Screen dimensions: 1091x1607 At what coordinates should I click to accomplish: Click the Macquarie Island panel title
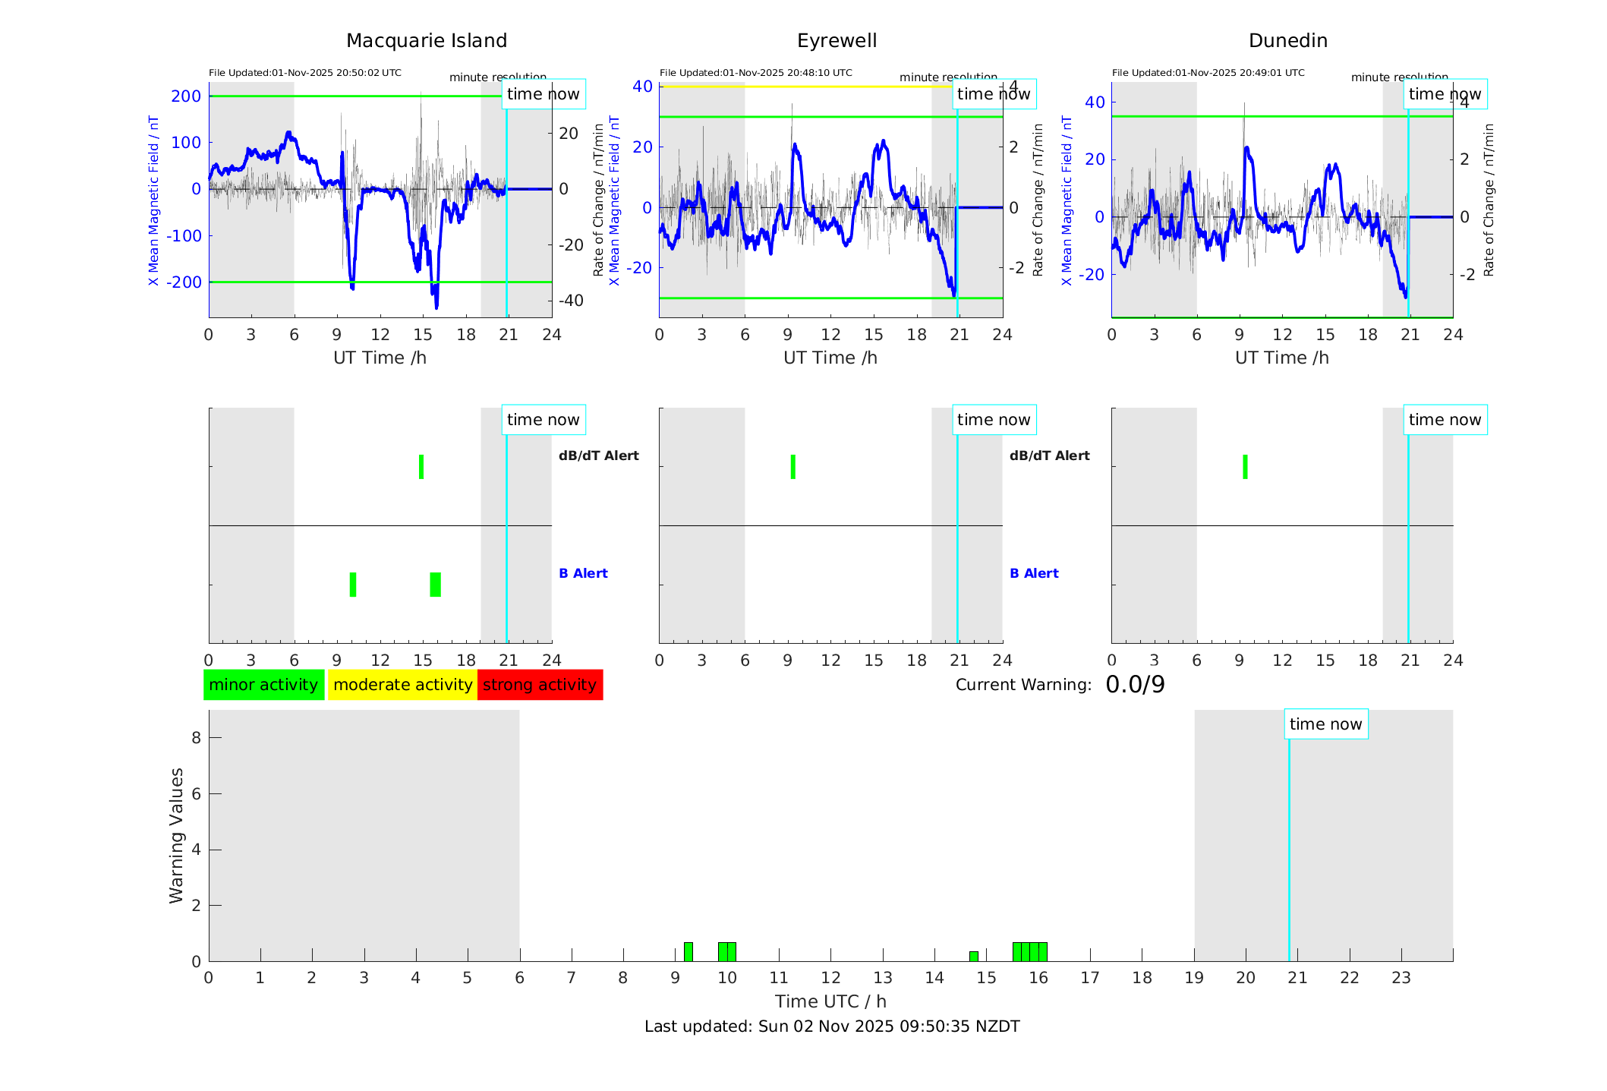426,41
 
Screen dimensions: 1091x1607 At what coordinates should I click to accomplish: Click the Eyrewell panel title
837,41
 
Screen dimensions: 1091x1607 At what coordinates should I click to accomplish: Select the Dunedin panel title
1287,41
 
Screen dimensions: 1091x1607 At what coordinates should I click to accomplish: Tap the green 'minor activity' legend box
263,685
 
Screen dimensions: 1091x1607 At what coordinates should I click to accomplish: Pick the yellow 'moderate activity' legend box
402,685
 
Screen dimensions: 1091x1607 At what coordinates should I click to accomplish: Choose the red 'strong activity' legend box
540,685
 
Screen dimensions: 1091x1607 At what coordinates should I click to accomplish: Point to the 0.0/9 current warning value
1135,685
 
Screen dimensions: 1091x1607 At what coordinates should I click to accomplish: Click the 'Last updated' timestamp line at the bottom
832,1026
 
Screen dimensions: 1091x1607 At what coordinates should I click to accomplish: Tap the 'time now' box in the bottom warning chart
1325,724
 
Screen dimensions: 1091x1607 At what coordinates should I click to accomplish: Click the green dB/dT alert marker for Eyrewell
792,467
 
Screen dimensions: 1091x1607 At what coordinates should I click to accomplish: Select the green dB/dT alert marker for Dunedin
1245,467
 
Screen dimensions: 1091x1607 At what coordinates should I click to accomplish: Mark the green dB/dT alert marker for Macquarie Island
421,467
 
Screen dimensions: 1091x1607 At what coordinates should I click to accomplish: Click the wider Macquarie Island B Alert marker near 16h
435,585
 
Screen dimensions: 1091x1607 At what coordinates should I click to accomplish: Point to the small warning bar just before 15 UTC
973,957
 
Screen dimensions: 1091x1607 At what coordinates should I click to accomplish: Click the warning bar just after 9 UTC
688,952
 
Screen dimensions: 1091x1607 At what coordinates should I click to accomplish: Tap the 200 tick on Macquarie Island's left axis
186,96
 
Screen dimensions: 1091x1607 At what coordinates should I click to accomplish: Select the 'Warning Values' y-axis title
176,835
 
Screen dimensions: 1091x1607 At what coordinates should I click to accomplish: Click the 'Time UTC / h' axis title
830,1001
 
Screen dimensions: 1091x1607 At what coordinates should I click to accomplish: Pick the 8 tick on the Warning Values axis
196,738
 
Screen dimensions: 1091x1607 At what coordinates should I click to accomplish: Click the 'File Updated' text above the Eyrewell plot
755,73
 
